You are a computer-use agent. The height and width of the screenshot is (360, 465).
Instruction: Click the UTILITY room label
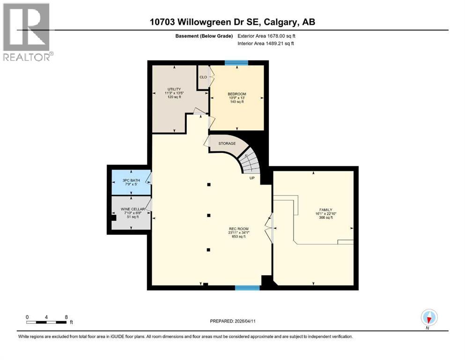pos(174,90)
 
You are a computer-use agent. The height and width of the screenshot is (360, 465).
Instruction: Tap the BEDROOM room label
pos(236,94)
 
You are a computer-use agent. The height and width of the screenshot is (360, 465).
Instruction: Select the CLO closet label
pos(203,77)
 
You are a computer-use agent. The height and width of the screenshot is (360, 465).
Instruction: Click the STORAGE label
pos(227,143)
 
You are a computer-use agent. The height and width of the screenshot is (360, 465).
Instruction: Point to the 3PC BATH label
pos(131,180)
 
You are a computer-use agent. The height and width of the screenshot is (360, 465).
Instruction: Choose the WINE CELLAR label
pos(132,209)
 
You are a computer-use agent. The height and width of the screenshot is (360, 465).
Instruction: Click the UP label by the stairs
pos(251,178)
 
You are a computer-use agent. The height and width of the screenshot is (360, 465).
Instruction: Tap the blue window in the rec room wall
pos(247,287)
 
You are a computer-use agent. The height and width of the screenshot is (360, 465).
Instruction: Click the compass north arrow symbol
pos(428,318)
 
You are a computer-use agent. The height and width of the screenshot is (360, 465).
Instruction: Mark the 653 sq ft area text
pos(236,237)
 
